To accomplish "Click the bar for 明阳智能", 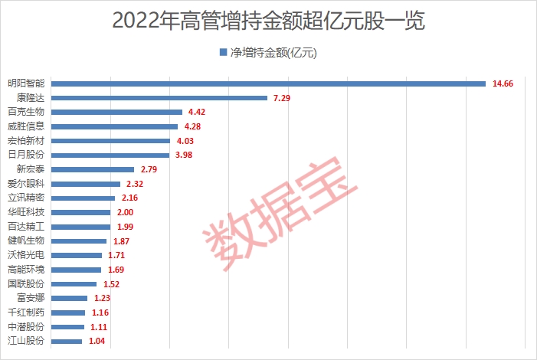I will [268, 83].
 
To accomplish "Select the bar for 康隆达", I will [159, 98].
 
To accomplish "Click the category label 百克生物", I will [27, 112].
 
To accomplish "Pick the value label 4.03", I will [185, 141].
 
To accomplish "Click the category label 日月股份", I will [27, 155].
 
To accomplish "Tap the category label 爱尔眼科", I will [27, 184].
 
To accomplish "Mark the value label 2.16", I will [129, 198].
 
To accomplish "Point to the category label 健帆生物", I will [27, 241].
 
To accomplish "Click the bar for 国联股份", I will [74, 283].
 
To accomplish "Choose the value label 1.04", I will [97, 341].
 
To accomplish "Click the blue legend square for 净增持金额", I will [224, 53].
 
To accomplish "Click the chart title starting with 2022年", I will [268, 20].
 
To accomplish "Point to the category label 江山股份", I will [27, 341].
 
